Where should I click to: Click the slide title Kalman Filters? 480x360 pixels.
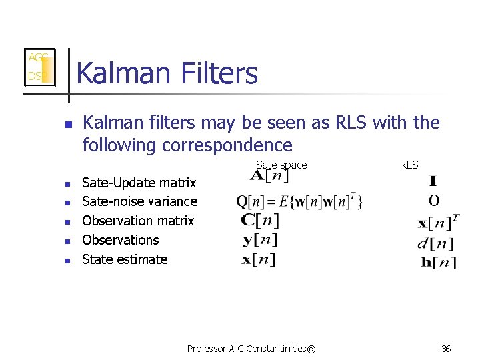(167, 73)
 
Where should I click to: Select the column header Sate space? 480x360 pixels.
(281, 165)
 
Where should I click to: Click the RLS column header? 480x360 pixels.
(409, 165)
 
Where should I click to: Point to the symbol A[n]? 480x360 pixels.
(269, 177)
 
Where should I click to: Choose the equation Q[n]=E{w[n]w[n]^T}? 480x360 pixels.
(299, 201)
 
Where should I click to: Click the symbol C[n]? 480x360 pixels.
(260, 220)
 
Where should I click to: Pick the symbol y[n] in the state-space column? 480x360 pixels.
(260, 239)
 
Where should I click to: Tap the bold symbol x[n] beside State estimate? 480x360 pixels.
(259, 259)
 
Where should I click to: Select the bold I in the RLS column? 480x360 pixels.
(434, 181)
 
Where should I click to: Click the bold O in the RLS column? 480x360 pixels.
(434, 201)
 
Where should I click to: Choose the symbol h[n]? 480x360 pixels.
(439, 262)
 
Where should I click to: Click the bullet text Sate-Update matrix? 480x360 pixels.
(139, 183)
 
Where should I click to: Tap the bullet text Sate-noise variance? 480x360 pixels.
(139, 201)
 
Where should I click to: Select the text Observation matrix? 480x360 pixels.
(138, 221)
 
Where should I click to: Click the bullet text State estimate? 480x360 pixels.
(125, 259)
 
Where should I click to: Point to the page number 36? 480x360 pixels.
(446, 349)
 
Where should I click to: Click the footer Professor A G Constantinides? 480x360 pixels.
(251, 349)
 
